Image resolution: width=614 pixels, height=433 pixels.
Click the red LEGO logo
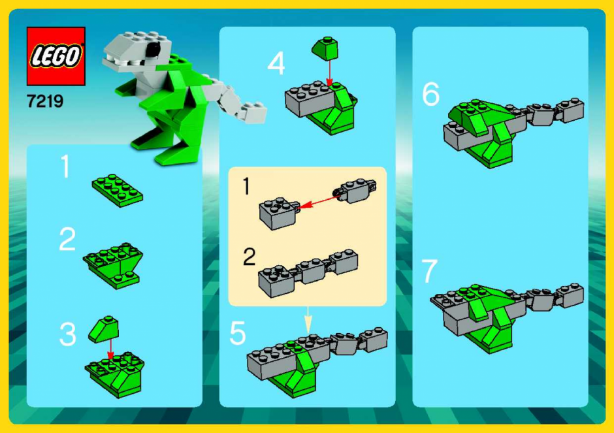pyautogui.click(x=56, y=56)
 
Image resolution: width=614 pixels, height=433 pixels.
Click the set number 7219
pyautogui.click(x=45, y=101)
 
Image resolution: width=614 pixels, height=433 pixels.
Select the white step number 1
pyautogui.click(x=65, y=167)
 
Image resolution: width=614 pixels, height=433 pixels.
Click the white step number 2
pyautogui.click(x=67, y=239)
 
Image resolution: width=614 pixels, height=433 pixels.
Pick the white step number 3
pyautogui.click(x=68, y=334)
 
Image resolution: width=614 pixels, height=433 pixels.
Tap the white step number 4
pyautogui.click(x=276, y=63)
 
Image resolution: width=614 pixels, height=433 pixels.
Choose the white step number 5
pyautogui.click(x=238, y=333)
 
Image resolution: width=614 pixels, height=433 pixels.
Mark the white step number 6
pyautogui.click(x=430, y=94)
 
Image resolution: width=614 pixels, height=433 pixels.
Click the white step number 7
pyautogui.click(x=430, y=270)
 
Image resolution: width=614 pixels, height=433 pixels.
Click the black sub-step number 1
pyautogui.click(x=246, y=186)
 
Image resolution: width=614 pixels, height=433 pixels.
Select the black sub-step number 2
pyautogui.click(x=250, y=257)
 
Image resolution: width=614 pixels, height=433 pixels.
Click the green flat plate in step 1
pyautogui.click(x=118, y=191)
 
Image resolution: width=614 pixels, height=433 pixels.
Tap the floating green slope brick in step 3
pyautogui.click(x=104, y=329)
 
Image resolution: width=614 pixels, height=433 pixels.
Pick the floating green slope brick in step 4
pyautogui.click(x=325, y=48)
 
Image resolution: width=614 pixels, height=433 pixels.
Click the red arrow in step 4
pyautogui.click(x=329, y=72)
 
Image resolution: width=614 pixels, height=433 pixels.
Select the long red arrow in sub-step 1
pyautogui.click(x=319, y=201)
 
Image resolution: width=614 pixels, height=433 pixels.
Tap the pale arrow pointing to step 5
pyautogui.click(x=308, y=320)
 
